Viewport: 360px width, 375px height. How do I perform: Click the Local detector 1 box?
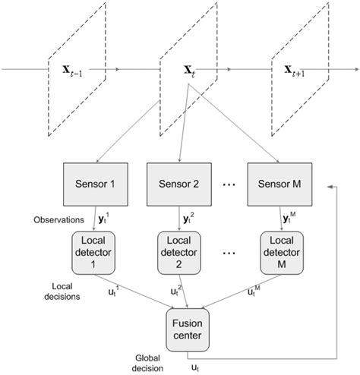[95, 252]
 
